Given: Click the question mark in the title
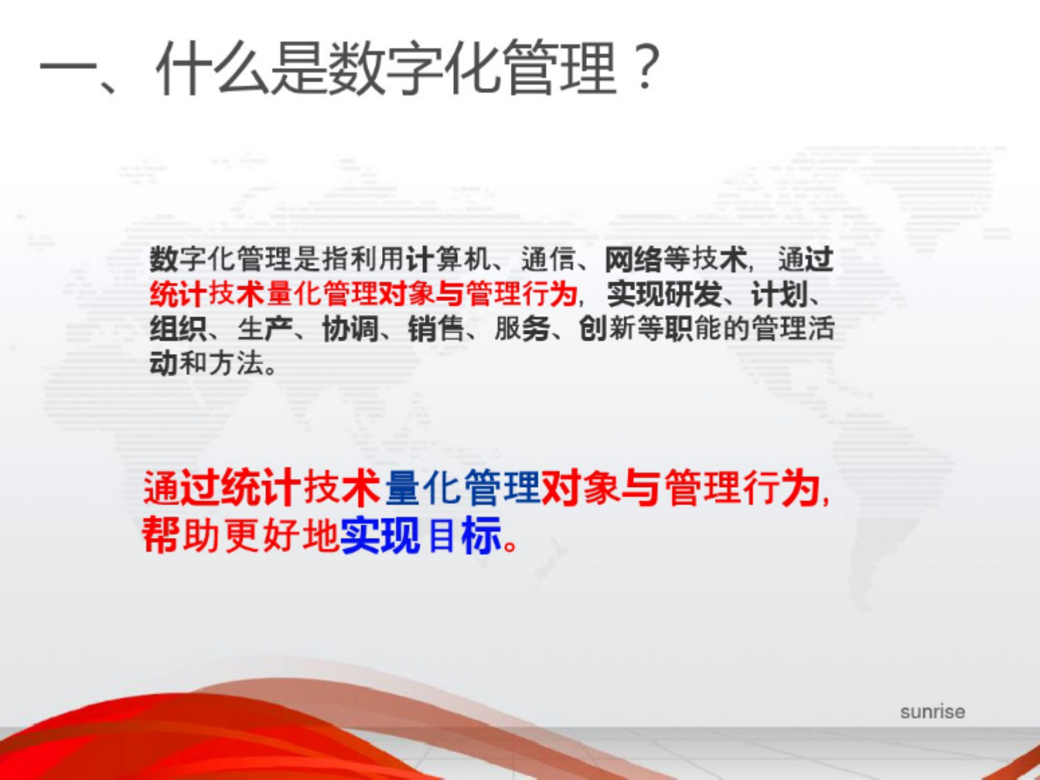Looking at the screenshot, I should point(646,67).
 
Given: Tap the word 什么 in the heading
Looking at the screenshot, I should point(212,68).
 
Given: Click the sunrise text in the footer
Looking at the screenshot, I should point(932,711).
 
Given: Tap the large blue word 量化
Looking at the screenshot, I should point(423,488).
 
